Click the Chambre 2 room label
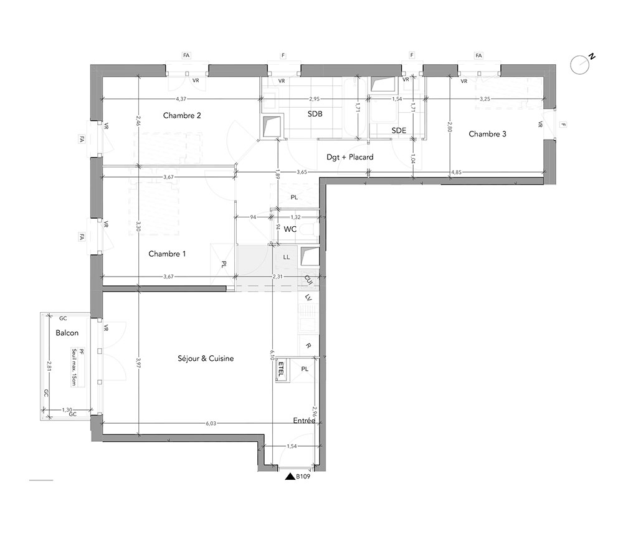(x=182, y=115)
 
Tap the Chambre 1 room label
(x=167, y=254)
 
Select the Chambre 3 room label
(x=488, y=134)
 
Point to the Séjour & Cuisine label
(x=206, y=358)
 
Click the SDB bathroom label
(x=315, y=114)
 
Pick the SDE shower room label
(x=399, y=130)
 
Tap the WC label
(x=290, y=229)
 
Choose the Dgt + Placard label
(x=350, y=157)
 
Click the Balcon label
(x=67, y=333)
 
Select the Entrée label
(x=304, y=421)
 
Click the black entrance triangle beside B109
(x=290, y=477)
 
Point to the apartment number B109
(x=303, y=477)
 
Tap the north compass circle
(x=579, y=64)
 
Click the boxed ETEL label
(x=281, y=369)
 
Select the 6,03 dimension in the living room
(x=211, y=424)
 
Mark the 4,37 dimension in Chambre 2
(x=181, y=98)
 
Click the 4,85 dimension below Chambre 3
(x=456, y=173)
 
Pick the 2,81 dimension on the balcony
(x=49, y=366)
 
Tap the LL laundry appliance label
(x=287, y=257)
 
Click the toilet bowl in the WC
(x=308, y=229)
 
